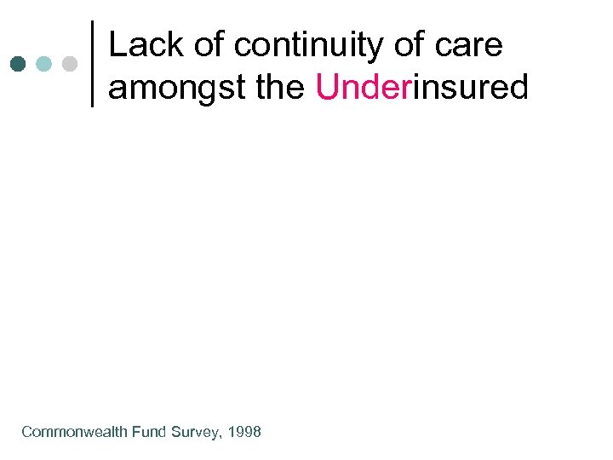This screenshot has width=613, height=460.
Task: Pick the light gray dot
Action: point(70,64)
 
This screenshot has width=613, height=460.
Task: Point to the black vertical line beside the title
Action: point(92,64)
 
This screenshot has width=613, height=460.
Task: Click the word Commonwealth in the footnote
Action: point(74,432)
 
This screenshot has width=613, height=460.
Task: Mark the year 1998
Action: point(244,432)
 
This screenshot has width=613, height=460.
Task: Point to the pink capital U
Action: point(326,86)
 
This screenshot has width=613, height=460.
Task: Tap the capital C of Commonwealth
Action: point(26,432)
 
